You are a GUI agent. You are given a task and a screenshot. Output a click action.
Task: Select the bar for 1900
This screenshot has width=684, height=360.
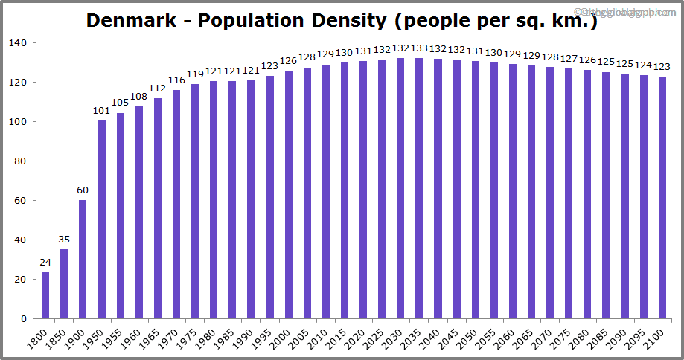(x=83, y=260)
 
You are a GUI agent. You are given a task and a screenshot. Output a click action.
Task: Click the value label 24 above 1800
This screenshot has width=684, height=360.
(x=45, y=263)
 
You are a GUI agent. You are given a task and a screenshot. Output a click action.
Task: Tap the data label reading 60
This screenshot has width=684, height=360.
(x=83, y=190)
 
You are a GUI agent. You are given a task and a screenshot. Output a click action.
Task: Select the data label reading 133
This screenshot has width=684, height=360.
(x=419, y=49)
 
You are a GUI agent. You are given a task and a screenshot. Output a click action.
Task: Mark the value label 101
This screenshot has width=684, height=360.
(x=101, y=112)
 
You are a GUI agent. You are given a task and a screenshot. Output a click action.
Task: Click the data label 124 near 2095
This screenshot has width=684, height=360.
(x=643, y=66)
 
